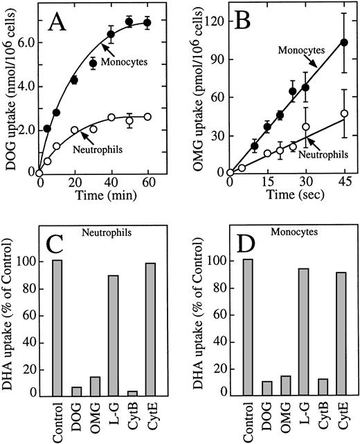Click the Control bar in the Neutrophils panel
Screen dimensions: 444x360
pos(56,338)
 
